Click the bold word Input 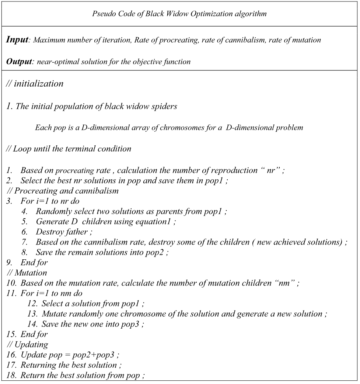(x=17, y=40)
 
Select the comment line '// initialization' (x=35, y=84)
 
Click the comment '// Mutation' (x=27, y=273)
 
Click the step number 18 (x=11, y=376)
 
